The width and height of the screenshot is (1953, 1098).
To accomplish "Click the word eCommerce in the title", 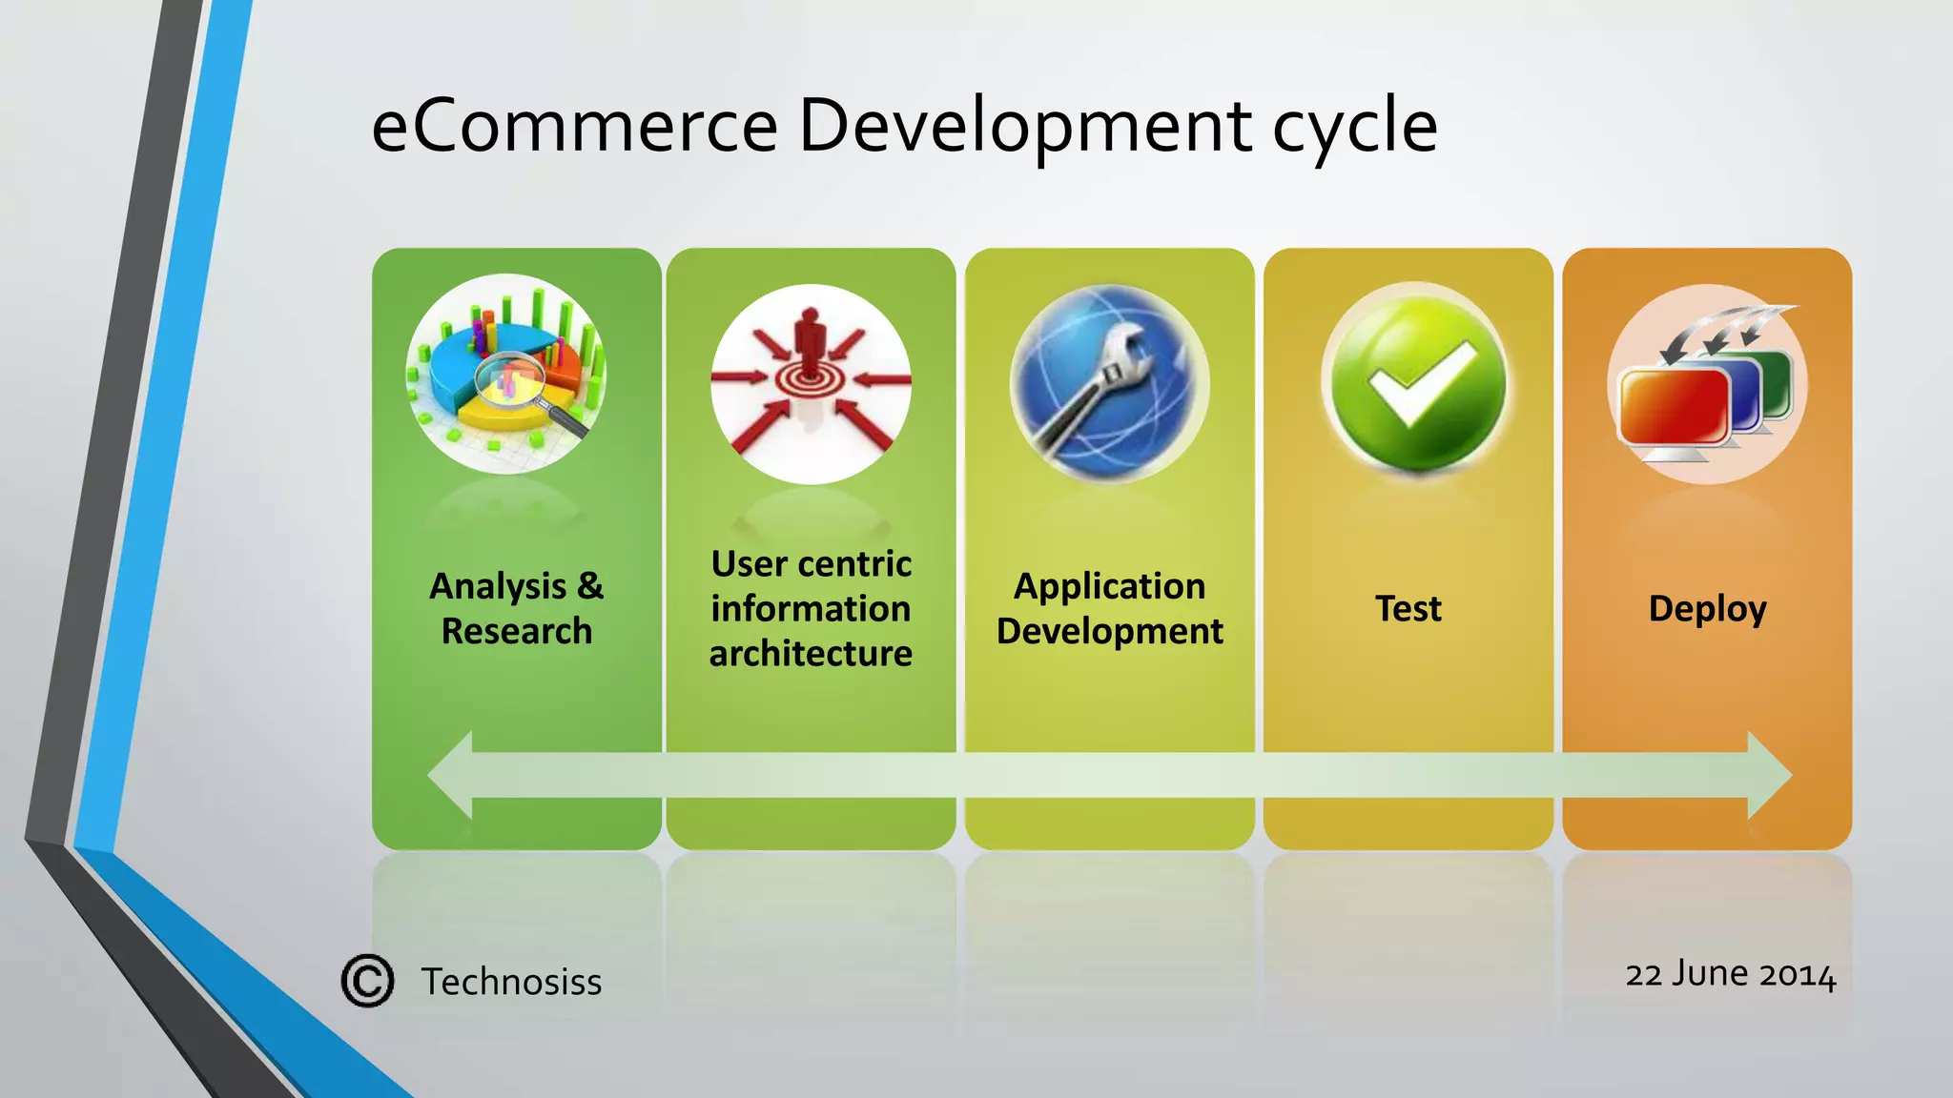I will pos(574,126).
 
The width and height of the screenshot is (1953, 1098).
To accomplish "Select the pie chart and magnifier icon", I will pos(506,375).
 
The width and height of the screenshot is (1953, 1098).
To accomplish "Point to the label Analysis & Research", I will pos(517,608).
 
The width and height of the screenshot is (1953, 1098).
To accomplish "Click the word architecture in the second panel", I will pos(811,654).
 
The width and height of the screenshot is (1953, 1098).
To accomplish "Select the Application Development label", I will pos(1109,608).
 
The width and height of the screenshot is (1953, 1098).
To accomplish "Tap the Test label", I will pos(1408,608).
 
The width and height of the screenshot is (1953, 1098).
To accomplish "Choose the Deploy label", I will pos(1707,608).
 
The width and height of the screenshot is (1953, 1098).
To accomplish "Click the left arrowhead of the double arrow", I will pos(451,775).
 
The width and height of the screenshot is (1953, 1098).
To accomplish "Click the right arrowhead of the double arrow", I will pos(1769,775).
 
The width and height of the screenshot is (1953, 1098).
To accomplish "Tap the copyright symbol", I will pos(367,981).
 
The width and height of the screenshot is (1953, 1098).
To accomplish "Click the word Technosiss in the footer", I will pos(511,982).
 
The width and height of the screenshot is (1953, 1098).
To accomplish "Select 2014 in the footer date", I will pos(1798,975).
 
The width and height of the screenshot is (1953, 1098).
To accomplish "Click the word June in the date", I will pos(1711,974).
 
